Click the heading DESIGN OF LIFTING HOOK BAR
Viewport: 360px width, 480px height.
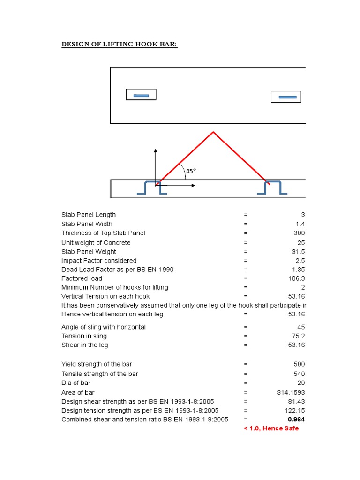click(x=120, y=45)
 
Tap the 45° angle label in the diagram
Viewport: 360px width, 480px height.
click(x=191, y=171)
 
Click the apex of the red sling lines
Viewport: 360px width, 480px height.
click(x=213, y=132)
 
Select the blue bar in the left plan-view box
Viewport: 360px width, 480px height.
click(x=141, y=95)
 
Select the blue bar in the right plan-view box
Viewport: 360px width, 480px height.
click(x=287, y=97)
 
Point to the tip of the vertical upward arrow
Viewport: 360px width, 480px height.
click(x=156, y=150)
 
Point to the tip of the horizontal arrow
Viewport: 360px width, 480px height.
click(x=195, y=186)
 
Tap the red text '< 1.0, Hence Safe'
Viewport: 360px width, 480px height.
click(x=271, y=428)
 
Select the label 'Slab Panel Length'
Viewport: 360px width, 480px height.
click(x=89, y=215)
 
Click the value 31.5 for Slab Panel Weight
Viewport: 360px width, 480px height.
click(x=298, y=252)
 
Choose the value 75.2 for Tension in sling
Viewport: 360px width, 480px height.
click(x=298, y=336)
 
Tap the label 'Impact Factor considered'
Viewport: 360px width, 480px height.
click(x=99, y=261)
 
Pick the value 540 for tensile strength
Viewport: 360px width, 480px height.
click(x=299, y=374)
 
